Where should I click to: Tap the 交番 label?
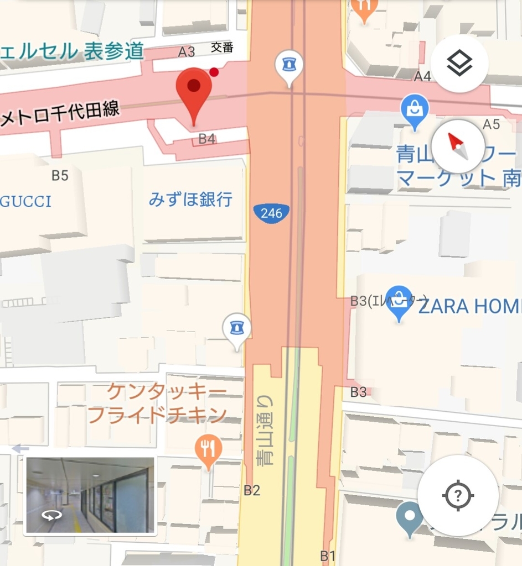coord(222,48)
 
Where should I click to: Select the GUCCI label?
coord(25,201)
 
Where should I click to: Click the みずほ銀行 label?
coord(190,199)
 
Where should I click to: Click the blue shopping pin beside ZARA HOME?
coord(399,301)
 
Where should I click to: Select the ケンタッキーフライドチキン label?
coord(158,403)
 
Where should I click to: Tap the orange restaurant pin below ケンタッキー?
coord(208,450)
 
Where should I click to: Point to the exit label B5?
coord(60,176)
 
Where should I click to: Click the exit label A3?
coord(187,52)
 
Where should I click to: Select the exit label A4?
coord(422,76)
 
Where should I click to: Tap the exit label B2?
coord(252,490)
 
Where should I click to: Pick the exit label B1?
coord(328,555)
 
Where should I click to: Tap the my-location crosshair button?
coord(457,495)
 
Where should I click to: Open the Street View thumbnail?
coord(90,495)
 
